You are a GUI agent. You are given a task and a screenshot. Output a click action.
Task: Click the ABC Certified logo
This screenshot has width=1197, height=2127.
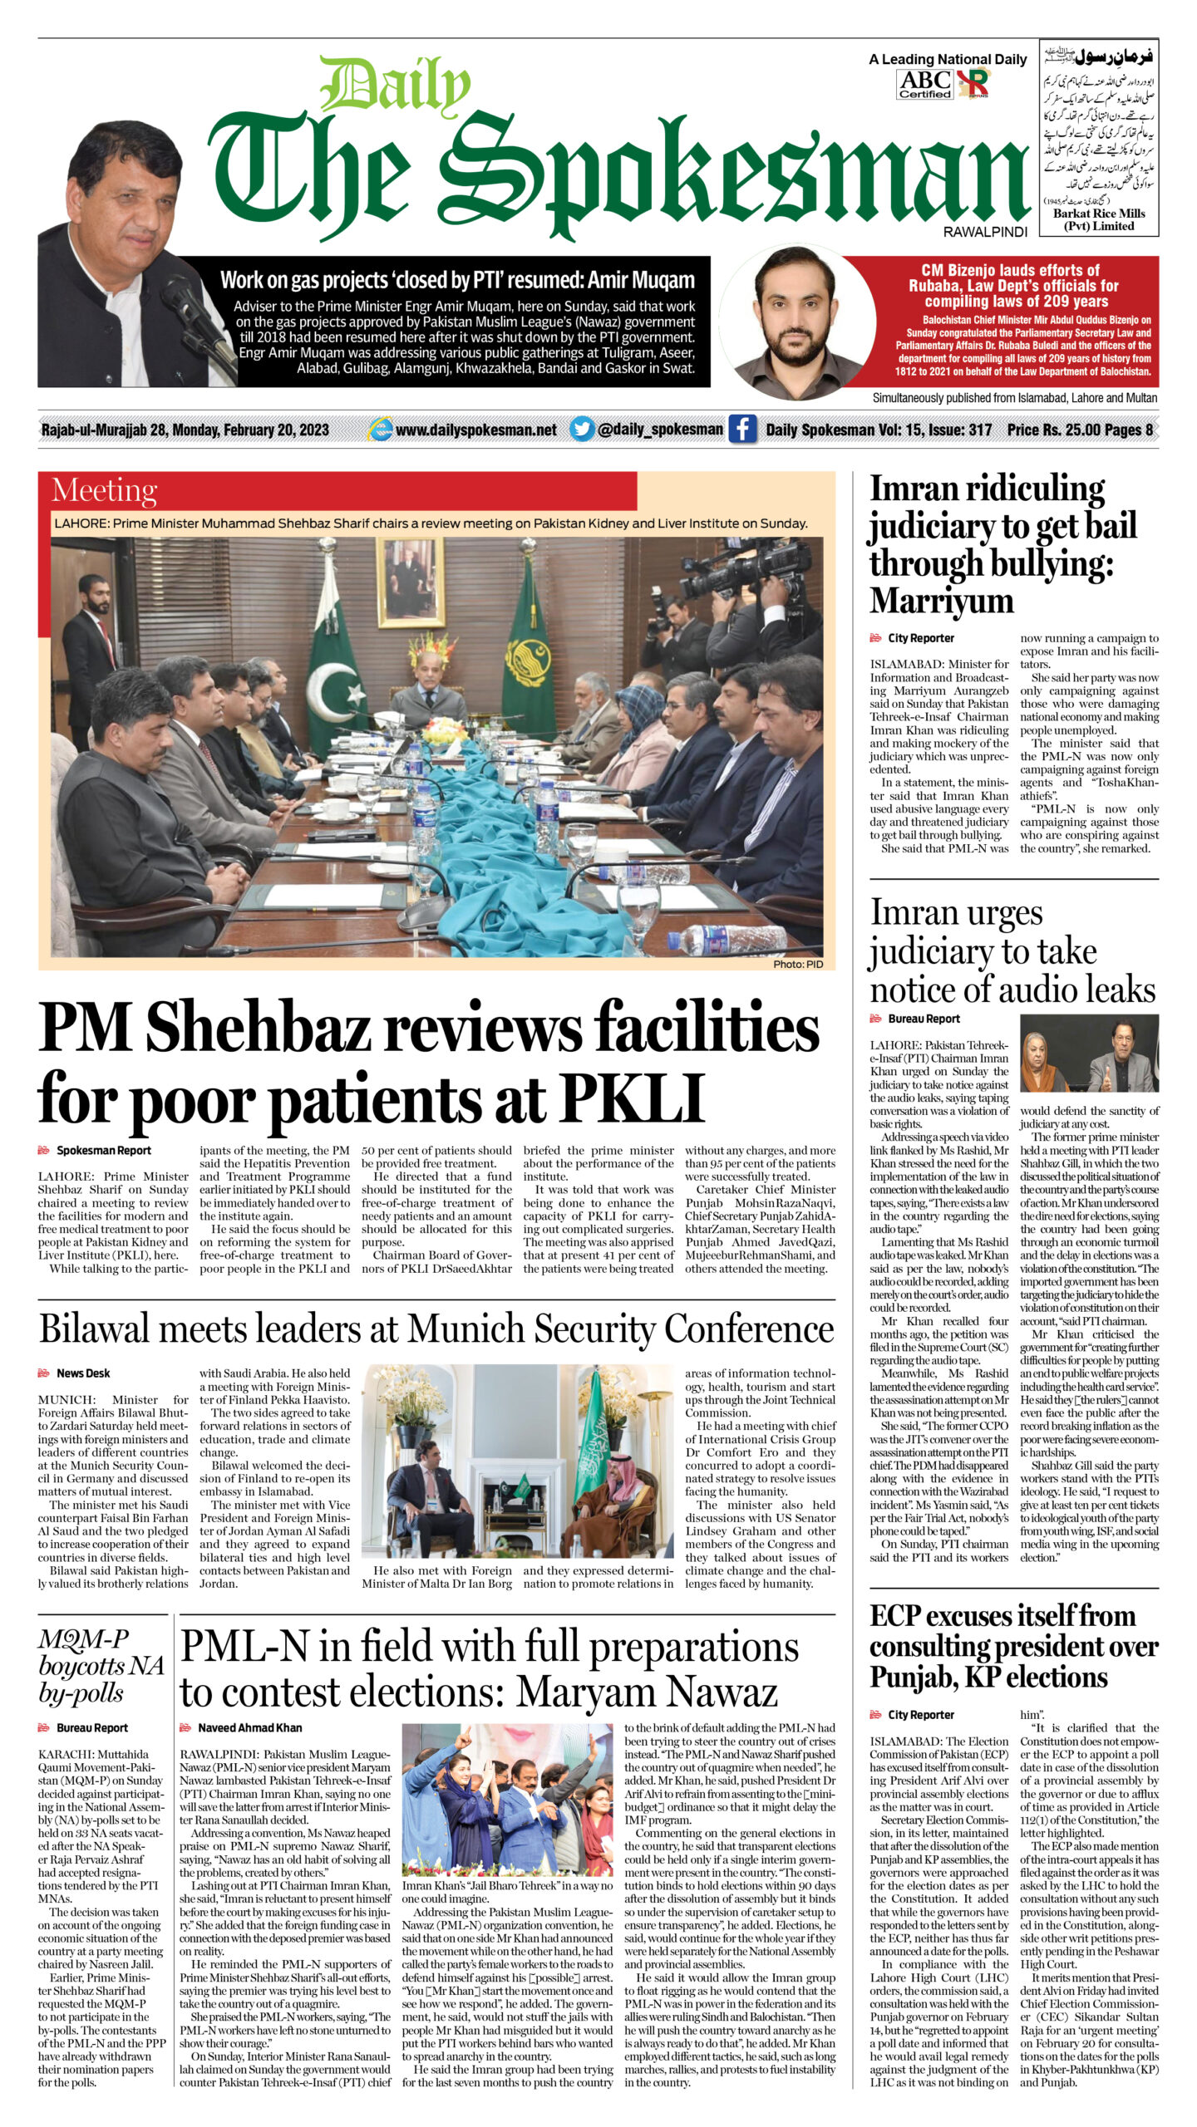pos(924,83)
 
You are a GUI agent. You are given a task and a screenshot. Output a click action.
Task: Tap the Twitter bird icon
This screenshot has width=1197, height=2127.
pos(583,430)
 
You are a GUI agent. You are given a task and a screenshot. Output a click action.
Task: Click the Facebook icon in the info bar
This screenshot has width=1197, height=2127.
pos(741,430)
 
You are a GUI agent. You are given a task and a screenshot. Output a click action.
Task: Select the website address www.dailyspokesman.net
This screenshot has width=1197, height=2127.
pos(475,430)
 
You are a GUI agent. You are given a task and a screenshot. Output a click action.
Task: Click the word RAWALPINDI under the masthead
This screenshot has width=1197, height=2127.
pos(985,232)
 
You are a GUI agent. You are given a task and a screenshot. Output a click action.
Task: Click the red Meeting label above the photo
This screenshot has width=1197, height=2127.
pos(104,490)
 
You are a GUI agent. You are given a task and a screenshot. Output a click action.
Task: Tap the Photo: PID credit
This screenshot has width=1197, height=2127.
pos(797,965)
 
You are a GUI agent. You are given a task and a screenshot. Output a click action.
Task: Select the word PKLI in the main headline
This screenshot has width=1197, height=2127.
pos(633,1098)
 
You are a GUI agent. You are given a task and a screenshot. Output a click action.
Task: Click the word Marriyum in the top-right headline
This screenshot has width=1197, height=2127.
pos(941,600)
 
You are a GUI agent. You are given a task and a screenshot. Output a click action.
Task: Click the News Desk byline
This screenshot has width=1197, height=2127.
pos(83,1373)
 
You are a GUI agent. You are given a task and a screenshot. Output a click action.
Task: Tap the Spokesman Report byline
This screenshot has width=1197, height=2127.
pos(103,1151)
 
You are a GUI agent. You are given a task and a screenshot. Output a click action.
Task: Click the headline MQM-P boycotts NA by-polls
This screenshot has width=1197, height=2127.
pos(101,1665)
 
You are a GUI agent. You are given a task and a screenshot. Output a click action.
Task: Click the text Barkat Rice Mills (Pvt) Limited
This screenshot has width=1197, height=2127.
pos(1099,219)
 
